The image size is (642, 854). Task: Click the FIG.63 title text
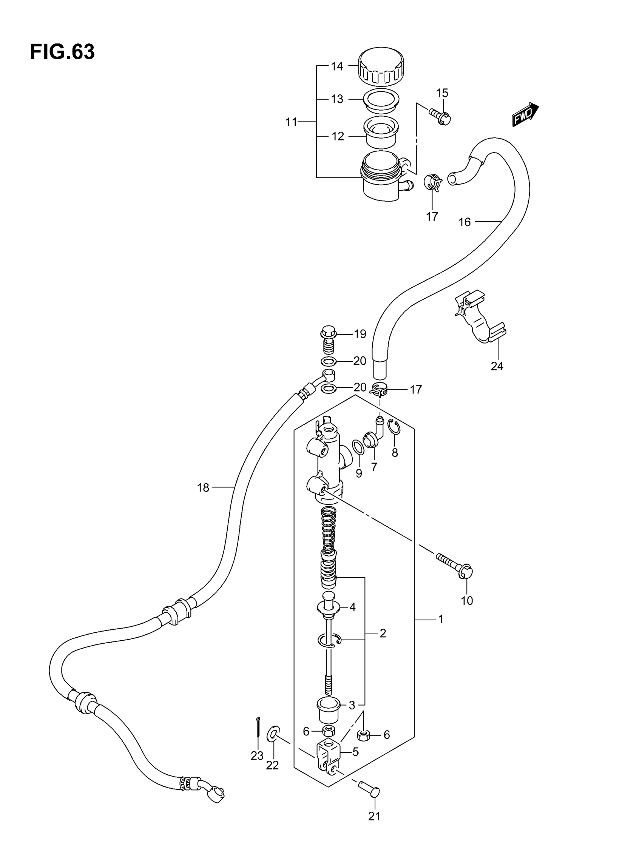pyautogui.click(x=62, y=52)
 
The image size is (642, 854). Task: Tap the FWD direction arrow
pyautogui.click(x=525, y=114)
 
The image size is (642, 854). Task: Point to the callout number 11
pyautogui.click(x=291, y=122)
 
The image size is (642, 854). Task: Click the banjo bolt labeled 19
pyautogui.click(x=328, y=340)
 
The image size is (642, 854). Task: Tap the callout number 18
pyautogui.click(x=203, y=488)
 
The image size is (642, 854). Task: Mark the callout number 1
pyautogui.click(x=440, y=619)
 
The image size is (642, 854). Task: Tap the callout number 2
pyautogui.click(x=383, y=633)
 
